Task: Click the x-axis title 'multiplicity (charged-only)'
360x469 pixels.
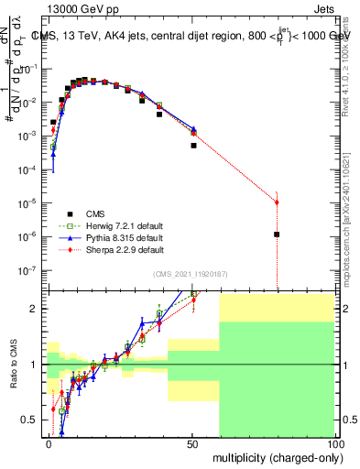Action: coord(272,455)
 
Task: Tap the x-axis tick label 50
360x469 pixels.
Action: coord(191,442)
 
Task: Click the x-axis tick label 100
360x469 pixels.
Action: coord(333,442)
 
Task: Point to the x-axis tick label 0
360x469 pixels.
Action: coord(49,442)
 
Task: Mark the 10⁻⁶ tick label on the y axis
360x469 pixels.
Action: coord(31,236)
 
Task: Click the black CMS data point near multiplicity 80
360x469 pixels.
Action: coord(277,234)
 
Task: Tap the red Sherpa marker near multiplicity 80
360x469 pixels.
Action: coord(277,202)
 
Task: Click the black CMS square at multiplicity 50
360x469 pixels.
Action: coord(193,145)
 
